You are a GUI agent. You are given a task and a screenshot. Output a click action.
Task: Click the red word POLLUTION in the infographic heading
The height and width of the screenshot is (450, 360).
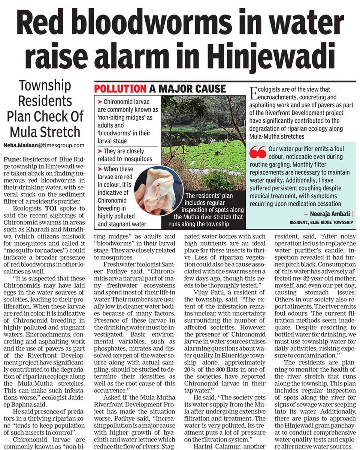point(120,89)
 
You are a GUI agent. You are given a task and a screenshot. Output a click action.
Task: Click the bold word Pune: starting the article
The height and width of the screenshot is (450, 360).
point(12,160)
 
